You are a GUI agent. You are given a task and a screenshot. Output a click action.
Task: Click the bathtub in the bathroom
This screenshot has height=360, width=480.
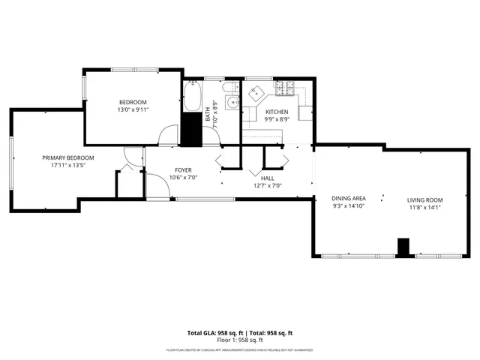coord(192,97)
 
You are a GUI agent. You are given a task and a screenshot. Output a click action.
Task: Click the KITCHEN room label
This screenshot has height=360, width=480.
coord(277,112)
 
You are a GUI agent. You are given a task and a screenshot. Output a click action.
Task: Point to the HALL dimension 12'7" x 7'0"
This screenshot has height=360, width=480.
coord(267,185)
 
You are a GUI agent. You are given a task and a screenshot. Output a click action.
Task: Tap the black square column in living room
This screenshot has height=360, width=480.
coord(403,247)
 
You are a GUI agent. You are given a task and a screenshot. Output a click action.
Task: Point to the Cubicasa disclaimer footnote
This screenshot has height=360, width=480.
coord(240,349)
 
